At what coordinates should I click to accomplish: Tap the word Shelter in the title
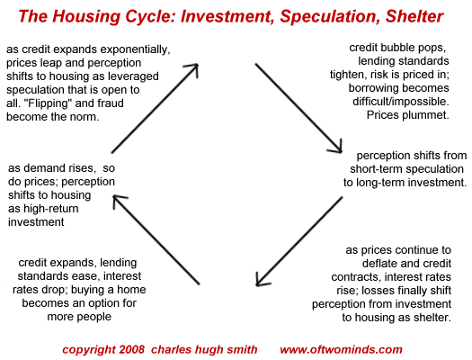coord(414,16)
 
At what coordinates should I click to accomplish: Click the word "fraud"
coord(111,103)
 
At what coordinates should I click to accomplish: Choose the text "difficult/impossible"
coord(401,102)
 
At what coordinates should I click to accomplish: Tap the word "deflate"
coord(378,264)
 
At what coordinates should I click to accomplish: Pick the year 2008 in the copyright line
coord(132,349)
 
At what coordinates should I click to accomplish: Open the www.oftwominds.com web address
coord(341,349)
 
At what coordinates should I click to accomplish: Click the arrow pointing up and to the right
coord(155,108)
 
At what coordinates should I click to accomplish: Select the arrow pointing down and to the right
coord(298,108)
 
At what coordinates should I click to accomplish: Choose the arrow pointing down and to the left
coord(298,241)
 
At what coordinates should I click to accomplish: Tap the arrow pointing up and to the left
coord(156,239)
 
